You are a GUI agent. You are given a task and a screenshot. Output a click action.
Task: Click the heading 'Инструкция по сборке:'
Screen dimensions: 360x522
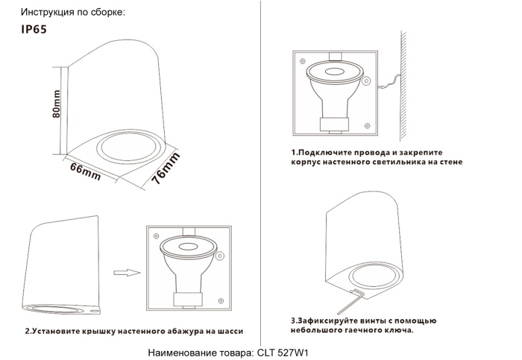pos(72,13)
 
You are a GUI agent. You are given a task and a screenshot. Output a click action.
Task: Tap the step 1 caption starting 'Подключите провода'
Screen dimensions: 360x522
pos(377,157)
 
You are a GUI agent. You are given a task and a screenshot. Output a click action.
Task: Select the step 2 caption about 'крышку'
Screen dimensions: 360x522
pos(134,331)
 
